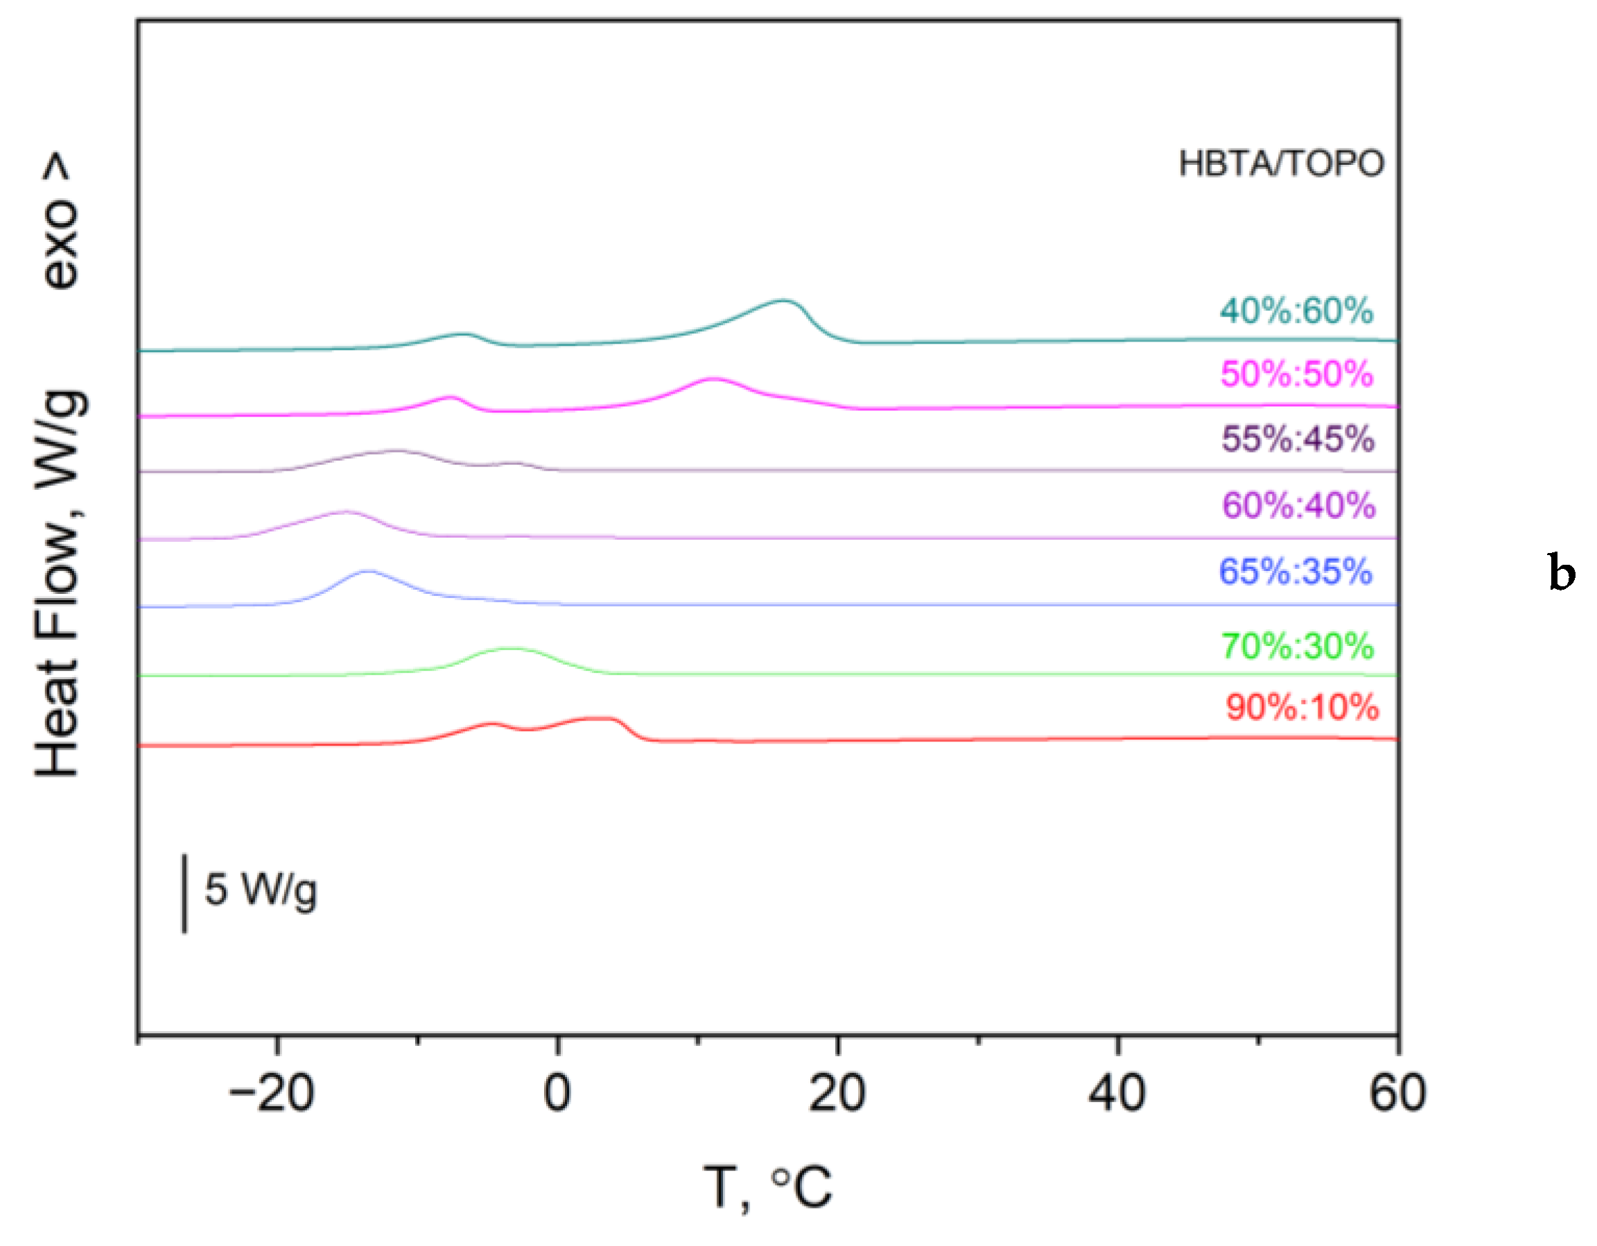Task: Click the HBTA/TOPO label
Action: (x=1281, y=164)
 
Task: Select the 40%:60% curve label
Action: (x=1296, y=310)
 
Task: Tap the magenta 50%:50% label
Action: (x=1296, y=374)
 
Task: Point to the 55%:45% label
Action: (x=1297, y=439)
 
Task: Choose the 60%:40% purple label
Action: (x=1298, y=505)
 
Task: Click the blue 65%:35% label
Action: (x=1295, y=571)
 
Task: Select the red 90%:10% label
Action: (x=1302, y=707)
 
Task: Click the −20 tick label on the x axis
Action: (x=271, y=1095)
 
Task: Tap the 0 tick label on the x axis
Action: (x=557, y=1095)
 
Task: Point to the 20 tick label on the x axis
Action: (x=837, y=1095)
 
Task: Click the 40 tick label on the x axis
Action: (x=1117, y=1095)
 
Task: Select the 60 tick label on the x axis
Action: (x=1397, y=1095)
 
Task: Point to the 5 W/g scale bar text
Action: (x=261, y=890)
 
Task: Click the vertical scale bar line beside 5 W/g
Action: (x=184, y=893)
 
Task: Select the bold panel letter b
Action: (x=1561, y=572)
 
